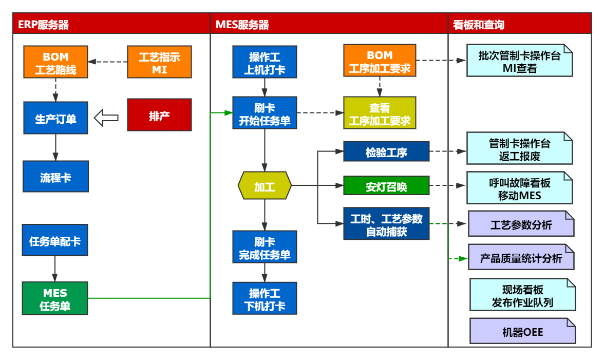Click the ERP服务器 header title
click(x=44, y=25)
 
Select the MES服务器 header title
click(x=242, y=25)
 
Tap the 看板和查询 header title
click(x=479, y=25)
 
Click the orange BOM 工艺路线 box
click(x=55, y=63)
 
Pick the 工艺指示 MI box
click(x=159, y=63)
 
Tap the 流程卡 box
click(x=55, y=177)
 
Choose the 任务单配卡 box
click(x=55, y=240)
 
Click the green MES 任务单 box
click(x=55, y=299)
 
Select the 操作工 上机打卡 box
click(x=265, y=63)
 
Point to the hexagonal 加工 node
click(x=265, y=186)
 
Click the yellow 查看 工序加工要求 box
click(x=380, y=113)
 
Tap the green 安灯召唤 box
click(x=386, y=186)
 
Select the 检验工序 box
click(x=386, y=151)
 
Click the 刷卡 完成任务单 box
click(x=265, y=247)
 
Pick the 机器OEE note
click(x=522, y=331)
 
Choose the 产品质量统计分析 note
click(x=521, y=257)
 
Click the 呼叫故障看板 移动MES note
click(x=519, y=188)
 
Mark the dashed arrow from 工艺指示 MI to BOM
click(x=108, y=62)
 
